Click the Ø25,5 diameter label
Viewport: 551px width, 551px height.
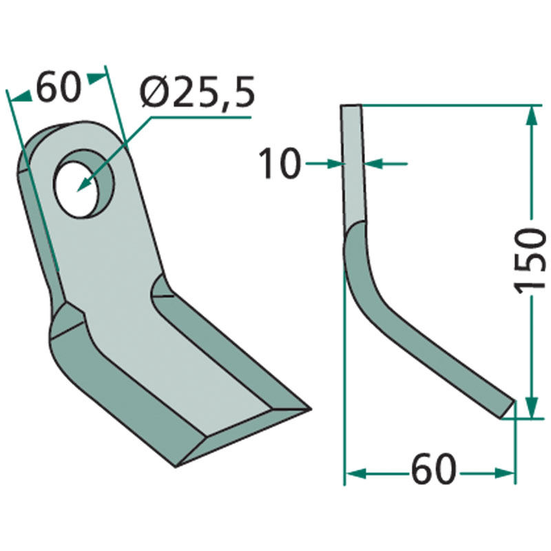pos(197,92)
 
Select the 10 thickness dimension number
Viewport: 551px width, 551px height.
pos(280,163)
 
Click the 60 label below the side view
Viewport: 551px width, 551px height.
pos(434,468)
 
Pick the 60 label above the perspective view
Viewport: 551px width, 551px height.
pos(59,88)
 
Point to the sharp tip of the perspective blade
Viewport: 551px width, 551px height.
pos(311,408)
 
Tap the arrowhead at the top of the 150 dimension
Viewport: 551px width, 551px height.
pos(532,115)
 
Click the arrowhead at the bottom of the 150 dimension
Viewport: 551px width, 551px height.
pos(532,407)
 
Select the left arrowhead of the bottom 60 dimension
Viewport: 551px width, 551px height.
pos(355,473)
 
